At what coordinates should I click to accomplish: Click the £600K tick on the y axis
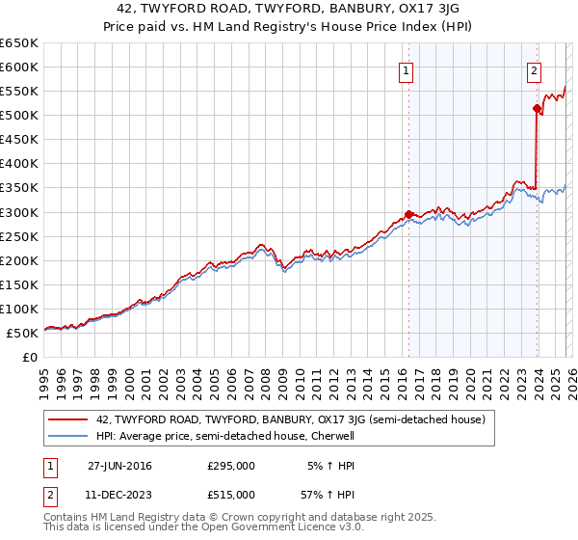click(19, 67)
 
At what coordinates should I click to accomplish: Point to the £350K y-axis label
click(19, 188)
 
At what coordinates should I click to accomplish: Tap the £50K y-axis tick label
click(22, 333)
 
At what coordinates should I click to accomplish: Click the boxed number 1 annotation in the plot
click(407, 70)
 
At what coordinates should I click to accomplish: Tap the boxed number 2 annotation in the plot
click(534, 70)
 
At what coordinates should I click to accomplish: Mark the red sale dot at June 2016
click(408, 214)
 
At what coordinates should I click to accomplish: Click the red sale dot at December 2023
click(537, 108)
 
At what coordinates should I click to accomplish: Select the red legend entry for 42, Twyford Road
click(296, 419)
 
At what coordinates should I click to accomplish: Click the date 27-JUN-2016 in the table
click(119, 466)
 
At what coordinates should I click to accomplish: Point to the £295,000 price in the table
click(231, 466)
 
